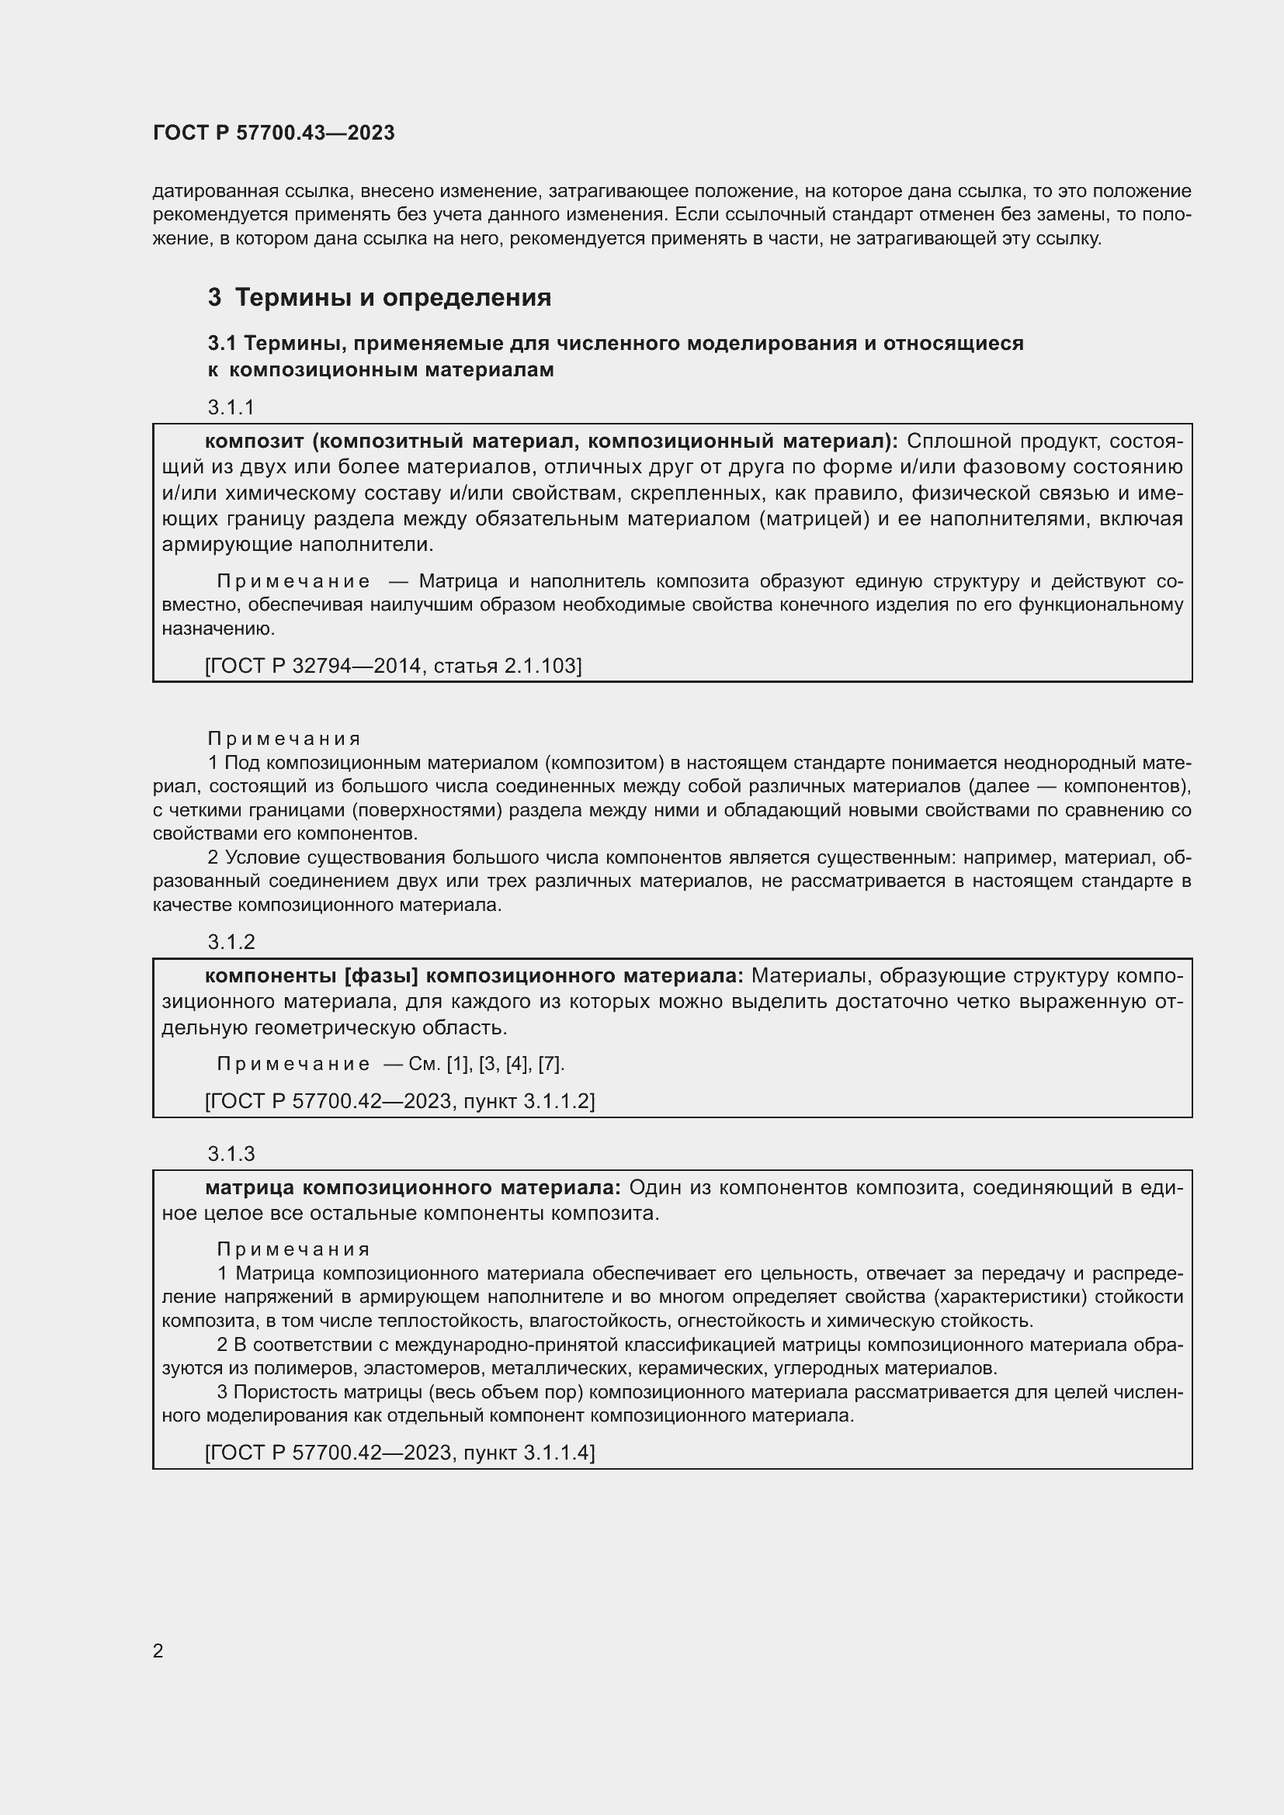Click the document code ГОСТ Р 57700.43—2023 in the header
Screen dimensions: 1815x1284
tap(273, 133)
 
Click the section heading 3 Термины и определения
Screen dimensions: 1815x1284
tap(380, 298)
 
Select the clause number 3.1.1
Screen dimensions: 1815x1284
tap(231, 407)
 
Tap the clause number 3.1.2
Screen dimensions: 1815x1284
tap(231, 941)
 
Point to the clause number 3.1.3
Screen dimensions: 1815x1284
tap(231, 1153)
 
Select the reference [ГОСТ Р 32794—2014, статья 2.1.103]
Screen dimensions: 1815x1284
tap(393, 666)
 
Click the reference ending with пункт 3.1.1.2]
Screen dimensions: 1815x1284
tap(399, 1100)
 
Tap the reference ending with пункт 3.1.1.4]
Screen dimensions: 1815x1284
tap(399, 1452)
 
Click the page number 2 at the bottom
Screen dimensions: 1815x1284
tap(158, 1650)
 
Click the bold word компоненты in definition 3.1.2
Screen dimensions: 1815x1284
tap(270, 976)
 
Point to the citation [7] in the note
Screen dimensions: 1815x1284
tap(550, 1064)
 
